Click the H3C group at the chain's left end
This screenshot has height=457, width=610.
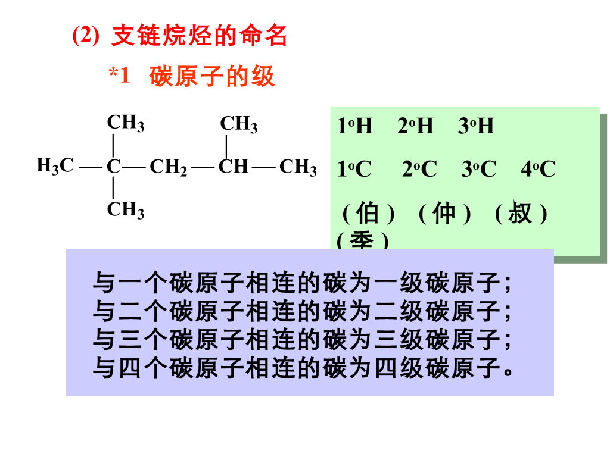click(55, 165)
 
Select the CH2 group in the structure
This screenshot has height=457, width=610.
click(169, 167)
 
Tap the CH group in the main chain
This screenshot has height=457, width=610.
click(233, 166)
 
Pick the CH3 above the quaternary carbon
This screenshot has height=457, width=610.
click(125, 123)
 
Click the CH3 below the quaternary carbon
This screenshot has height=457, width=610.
click(125, 210)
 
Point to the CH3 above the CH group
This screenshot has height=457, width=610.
click(238, 124)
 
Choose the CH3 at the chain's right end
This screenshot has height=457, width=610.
click(298, 167)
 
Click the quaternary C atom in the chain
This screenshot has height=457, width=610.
click(113, 167)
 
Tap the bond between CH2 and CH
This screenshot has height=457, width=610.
click(203, 167)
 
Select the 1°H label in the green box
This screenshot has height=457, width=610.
click(354, 126)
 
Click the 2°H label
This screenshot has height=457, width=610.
click(415, 126)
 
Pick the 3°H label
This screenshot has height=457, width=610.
click(476, 126)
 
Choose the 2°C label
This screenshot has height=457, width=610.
click(419, 170)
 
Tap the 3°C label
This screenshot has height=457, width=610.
click(478, 170)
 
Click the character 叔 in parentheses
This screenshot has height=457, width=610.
click(520, 213)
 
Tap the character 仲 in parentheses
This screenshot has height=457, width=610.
click(444, 213)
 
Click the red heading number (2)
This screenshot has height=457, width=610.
click(85, 36)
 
